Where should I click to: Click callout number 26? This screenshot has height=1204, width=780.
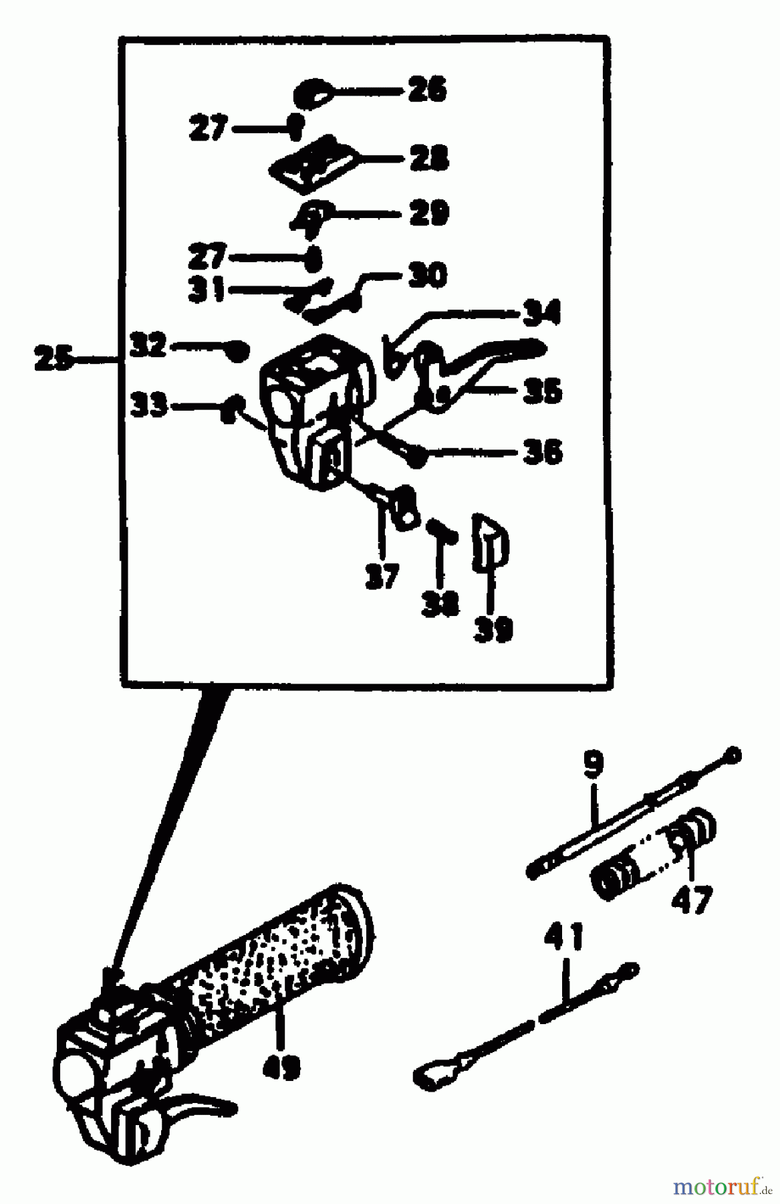coord(428,90)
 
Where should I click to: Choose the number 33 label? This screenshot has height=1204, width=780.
coord(150,405)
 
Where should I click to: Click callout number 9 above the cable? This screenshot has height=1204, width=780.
coord(593,765)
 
